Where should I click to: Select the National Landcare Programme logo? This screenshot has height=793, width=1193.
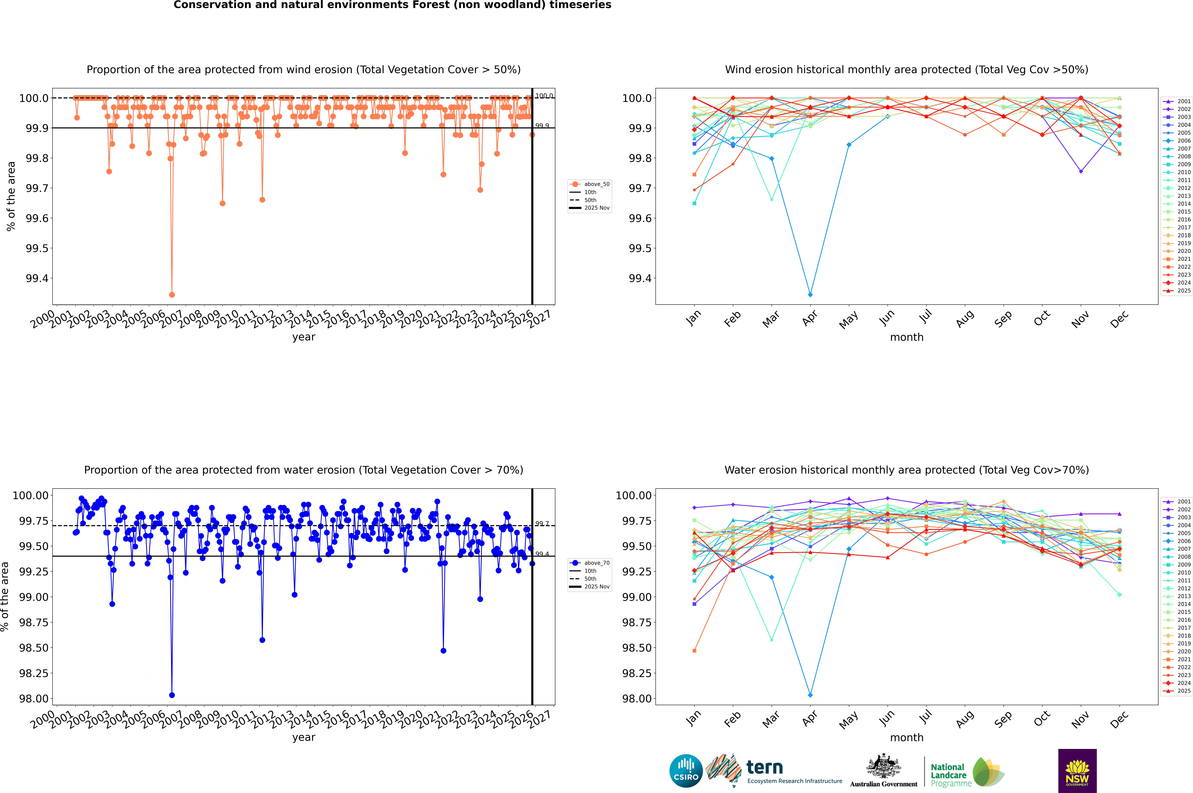tap(967, 772)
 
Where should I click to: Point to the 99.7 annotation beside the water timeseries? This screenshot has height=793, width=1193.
tap(542, 523)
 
